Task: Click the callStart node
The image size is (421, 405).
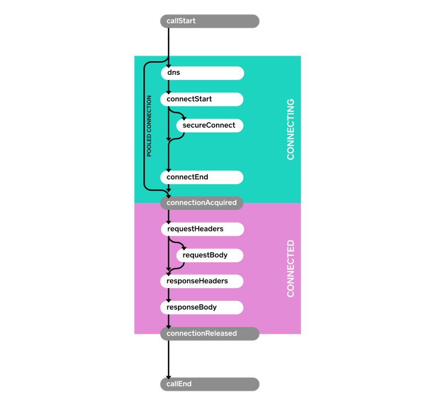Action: [x=209, y=21]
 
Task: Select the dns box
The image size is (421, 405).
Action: [x=202, y=73]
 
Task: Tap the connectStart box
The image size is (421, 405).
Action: [x=202, y=99]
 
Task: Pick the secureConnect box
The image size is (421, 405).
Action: [x=210, y=126]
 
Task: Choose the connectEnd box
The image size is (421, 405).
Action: [x=202, y=177]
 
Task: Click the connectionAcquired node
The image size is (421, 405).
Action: [x=202, y=203]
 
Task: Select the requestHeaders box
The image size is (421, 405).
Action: [x=202, y=229]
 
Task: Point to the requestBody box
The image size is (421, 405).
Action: [x=210, y=255]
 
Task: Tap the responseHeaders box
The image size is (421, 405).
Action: [x=202, y=281]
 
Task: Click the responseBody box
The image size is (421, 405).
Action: [x=202, y=307]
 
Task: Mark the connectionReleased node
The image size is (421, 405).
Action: [x=209, y=333]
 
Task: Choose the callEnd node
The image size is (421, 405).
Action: [x=209, y=384]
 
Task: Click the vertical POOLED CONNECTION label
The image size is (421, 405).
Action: [x=149, y=126]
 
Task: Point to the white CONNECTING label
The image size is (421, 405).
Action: [x=290, y=129]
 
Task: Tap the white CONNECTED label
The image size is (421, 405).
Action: [x=290, y=268]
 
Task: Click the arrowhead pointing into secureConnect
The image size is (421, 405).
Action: [x=183, y=118]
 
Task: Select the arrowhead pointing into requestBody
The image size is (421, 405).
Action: [x=183, y=249]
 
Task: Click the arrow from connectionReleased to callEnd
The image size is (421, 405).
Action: [x=169, y=358]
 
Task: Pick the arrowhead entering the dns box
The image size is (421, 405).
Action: [x=169, y=66]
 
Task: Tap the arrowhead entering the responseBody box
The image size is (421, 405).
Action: [x=169, y=300]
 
